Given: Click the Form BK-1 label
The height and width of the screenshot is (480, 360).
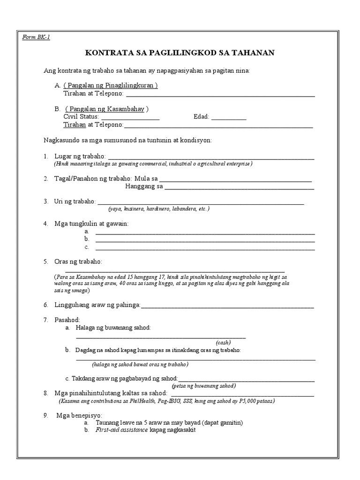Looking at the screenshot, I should pyautogui.click(x=36, y=37).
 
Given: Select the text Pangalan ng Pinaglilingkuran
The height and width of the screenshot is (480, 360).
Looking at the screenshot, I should pyautogui.click(x=111, y=85).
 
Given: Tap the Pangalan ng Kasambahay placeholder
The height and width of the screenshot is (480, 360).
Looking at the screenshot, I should pyautogui.click(x=107, y=109).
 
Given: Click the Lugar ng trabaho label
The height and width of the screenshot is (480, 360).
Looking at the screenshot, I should pyautogui.click(x=80, y=156).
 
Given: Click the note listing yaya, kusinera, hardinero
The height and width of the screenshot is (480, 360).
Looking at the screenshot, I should pyautogui.click(x=158, y=209).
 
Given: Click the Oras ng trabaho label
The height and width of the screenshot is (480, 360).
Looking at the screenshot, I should pyautogui.click(x=78, y=261).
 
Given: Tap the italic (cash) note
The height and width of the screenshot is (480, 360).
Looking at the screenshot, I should pyautogui.click(x=223, y=343).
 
